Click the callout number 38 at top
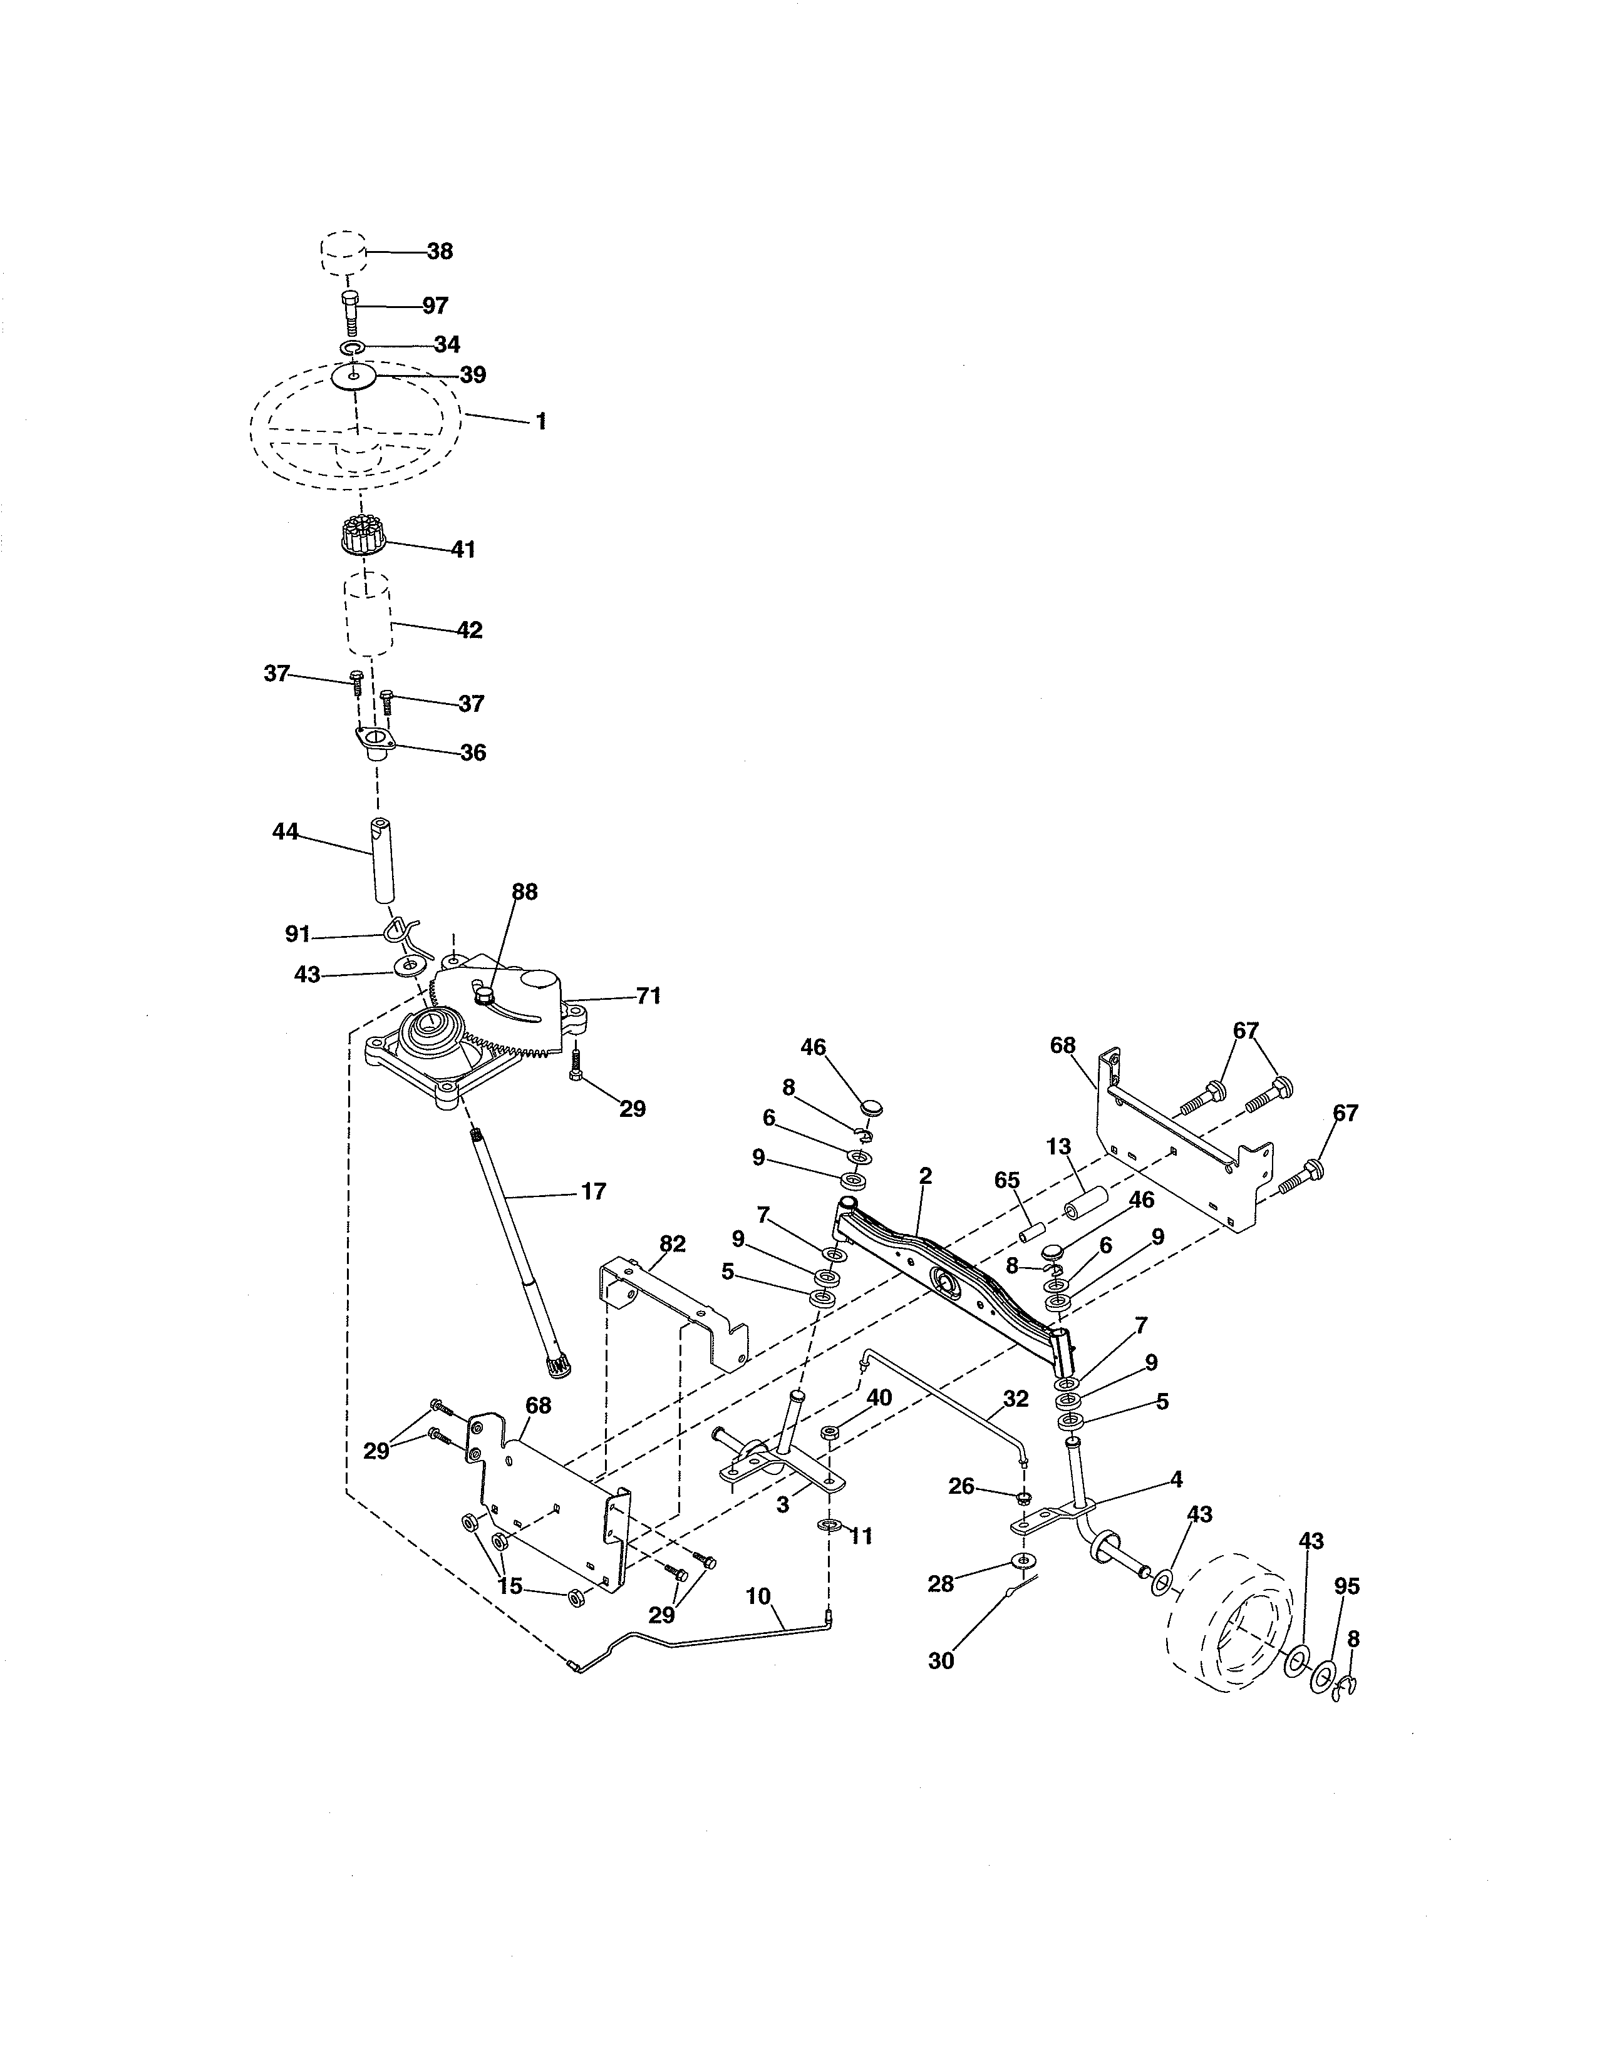click(x=439, y=252)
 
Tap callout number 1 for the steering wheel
click(x=541, y=422)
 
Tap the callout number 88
click(x=524, y=892)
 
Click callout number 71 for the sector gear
click(x=648, y=996)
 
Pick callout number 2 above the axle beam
click(x=925, y=1176)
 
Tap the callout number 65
click(x=1008, y=1181)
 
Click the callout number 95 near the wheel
click(x=1346, y=1585)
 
